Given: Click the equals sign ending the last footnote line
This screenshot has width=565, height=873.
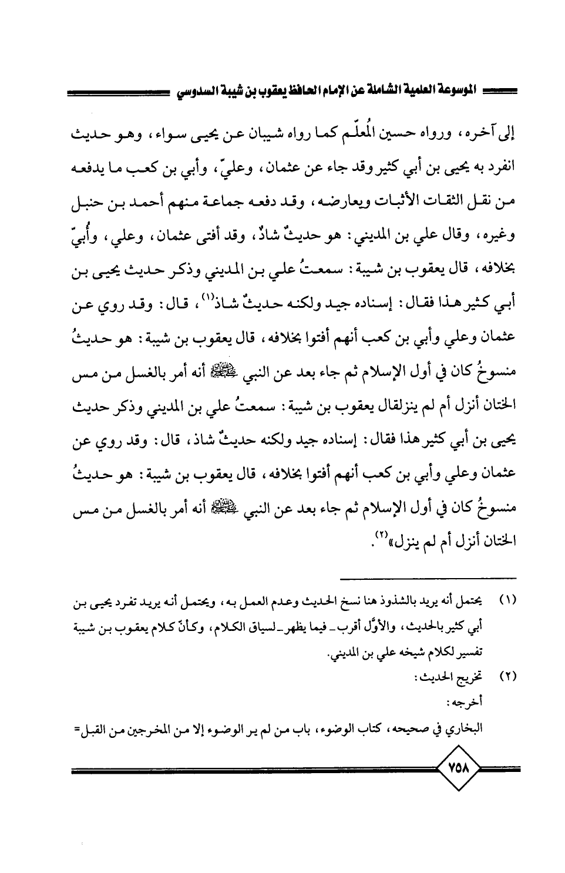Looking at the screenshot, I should [77, 728].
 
